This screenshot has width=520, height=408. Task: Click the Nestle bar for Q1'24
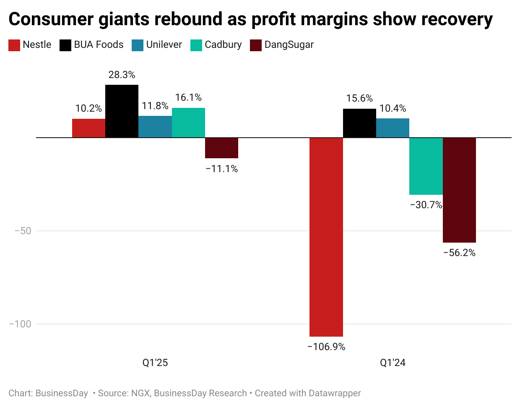pos(326,237)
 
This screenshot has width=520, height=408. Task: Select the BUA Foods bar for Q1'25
pos(122,111)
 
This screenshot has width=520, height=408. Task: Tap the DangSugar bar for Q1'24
pos(459,190)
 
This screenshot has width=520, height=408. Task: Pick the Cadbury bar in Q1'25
pos(188,123)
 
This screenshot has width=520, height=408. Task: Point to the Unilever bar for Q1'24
pos(393,128)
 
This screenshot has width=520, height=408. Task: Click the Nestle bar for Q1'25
pos(88,128)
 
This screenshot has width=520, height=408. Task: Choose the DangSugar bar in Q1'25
pos(221,148)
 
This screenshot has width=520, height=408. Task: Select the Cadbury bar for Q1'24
pos(426,166)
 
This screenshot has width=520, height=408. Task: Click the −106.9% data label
pos(326,347)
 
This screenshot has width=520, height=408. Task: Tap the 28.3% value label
pos(122,75)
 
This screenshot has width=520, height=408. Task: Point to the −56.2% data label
pos(459,253)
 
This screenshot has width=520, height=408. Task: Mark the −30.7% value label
pos(426,205)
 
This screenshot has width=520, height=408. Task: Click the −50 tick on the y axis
pos(23,231)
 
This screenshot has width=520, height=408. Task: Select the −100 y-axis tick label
pos(20,324)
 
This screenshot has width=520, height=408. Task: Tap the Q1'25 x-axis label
pos(155,363)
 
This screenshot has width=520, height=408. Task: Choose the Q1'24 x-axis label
pos(393,363)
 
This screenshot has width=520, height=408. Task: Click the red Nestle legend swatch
pos(14,45)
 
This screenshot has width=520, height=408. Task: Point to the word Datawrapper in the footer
pos(334,393)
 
